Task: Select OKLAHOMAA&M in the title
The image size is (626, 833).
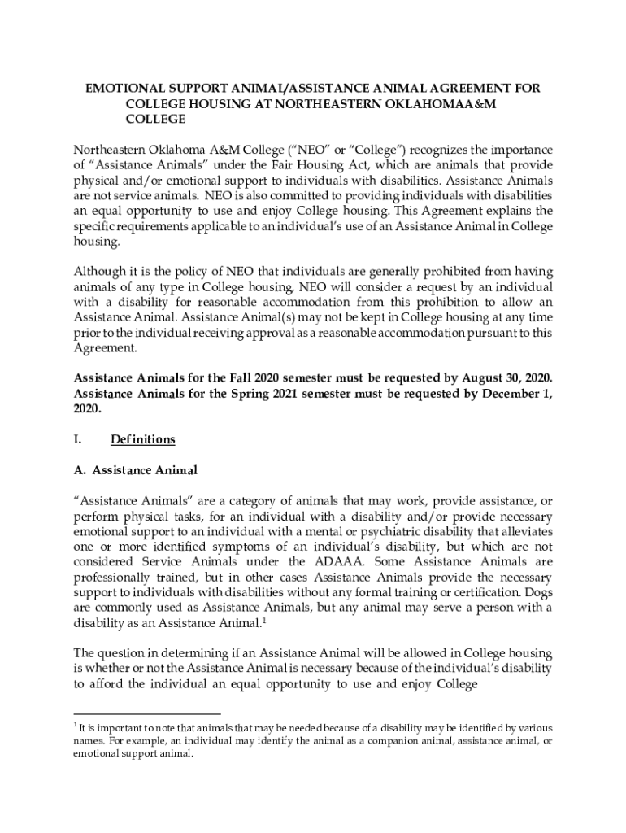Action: tap(452, 103)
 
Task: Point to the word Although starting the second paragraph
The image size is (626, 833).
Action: tap(102, 271)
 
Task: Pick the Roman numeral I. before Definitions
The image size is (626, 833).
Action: tap(77, 439)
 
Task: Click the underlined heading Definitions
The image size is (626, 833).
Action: tap(142, 439)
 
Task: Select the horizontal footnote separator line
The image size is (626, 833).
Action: tap(135, 713)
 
